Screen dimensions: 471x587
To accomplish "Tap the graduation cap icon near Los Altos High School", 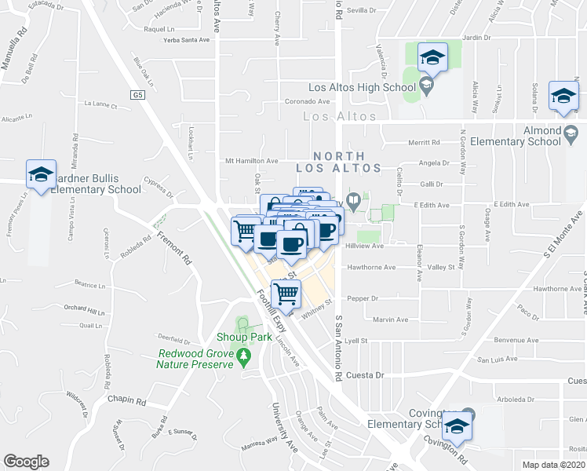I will pyautogui.click(x=431, y=57).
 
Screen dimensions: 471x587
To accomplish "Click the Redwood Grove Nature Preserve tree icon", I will pyautogui.click(x=244, y=358).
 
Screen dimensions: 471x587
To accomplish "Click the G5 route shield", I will pyautogui.click(x=139, y=94).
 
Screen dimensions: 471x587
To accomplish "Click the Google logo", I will pyautogui.click(x=26, y=461).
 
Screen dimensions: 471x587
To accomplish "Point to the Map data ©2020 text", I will pyautogui.click(x=554, y=464).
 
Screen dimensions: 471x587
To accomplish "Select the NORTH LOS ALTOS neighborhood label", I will pyautogui.click(x=338, y=162).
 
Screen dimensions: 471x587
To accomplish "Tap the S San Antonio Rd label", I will pyautogui.click(x=340, y=349).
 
